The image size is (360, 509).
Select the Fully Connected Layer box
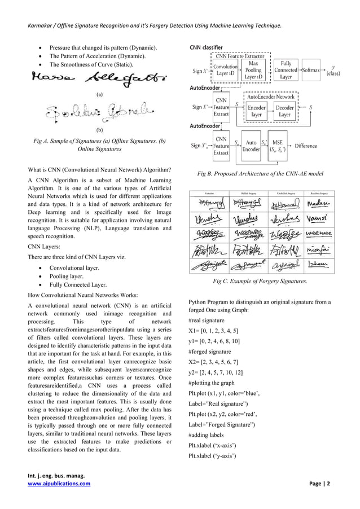point(286,71)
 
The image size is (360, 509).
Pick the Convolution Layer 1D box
point(225,71)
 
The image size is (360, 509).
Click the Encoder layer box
point(257,110)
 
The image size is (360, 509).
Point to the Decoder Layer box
point(285,110)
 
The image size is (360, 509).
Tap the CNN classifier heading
point(205,46)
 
